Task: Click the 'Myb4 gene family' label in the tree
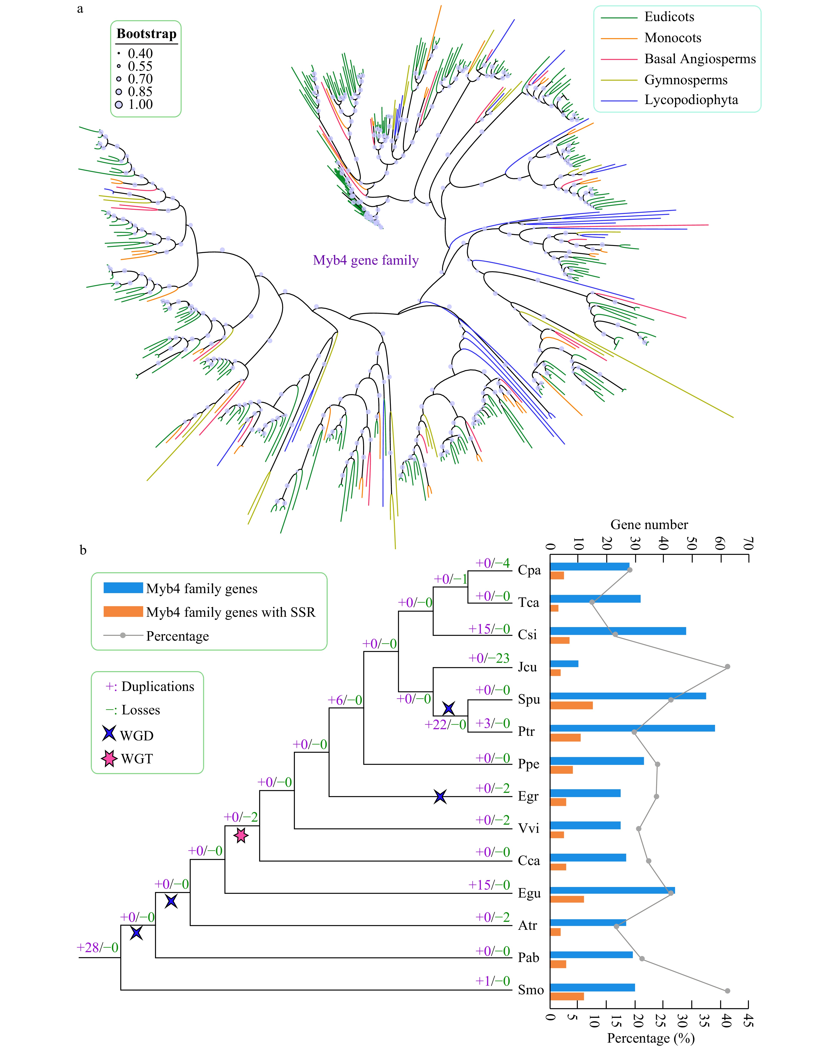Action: point(365,261)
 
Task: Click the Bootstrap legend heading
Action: point(146,34)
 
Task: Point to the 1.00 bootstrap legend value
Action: point(140,104)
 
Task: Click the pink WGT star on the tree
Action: point(241,836)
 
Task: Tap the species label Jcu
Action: point(527,667)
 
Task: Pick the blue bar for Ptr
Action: point(632,728)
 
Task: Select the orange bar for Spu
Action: point(571,705)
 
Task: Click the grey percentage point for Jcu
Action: point(727,666)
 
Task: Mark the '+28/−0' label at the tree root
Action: point(97,947)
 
